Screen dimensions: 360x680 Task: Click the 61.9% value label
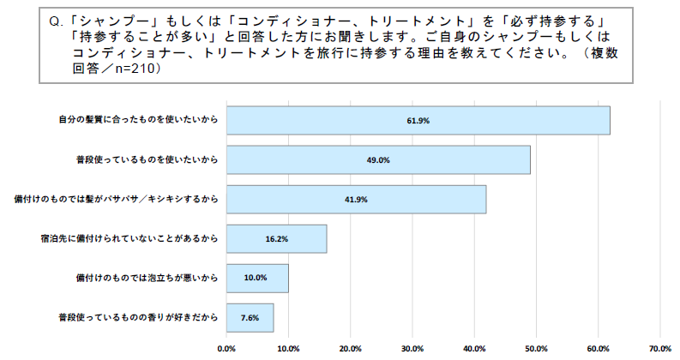click(x=418, y=121)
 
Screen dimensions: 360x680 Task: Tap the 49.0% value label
click(x=378, y=160)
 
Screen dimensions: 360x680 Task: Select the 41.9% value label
click(x=357, y=200)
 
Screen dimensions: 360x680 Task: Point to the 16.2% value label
click(x=276, y=239)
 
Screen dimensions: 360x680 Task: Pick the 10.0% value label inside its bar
click(x=256, y=279)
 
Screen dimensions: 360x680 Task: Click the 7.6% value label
click(x=250, y=318)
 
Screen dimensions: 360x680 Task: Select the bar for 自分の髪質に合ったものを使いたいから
click(x=418, y=121)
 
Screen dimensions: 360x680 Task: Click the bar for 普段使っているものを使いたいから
click(x=378, y=160)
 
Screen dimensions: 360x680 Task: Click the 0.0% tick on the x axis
click(x=226, y=349)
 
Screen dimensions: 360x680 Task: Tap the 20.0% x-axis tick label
click(x=350, y=349)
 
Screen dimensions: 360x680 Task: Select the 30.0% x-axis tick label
click(x=412, y=349)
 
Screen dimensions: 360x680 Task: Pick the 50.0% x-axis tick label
click(x=536, y=349)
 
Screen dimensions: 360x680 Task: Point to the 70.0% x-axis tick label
click(x=659, y=349)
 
